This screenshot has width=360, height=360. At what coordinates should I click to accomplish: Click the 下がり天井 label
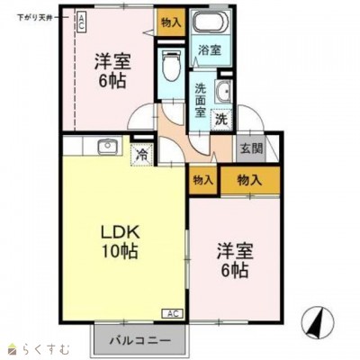tap(31, 19)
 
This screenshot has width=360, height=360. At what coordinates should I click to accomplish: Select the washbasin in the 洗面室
tap(223, 91)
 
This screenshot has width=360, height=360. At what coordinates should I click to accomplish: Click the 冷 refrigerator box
tap(140, 154)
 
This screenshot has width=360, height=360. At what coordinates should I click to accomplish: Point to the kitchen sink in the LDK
tap(107, 146)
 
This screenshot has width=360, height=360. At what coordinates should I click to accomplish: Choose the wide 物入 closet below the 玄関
tap(250, 179)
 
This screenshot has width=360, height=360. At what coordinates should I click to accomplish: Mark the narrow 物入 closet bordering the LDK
tap(202, 179)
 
